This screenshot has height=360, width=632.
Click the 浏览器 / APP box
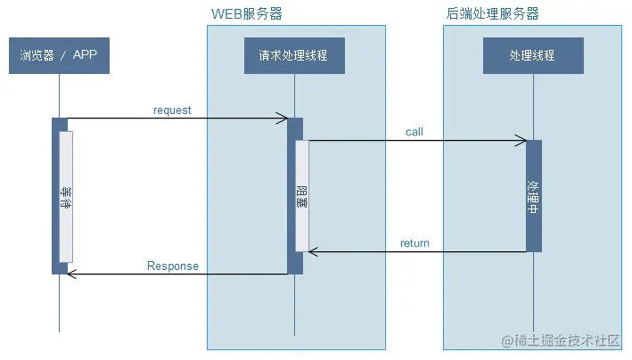[x=59, y=55]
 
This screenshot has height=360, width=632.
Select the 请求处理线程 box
[x=294, y=55]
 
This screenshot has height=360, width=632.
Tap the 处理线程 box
[x=532, y=55]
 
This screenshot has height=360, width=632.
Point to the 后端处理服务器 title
[x=492, y=14]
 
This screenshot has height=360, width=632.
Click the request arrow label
[x=172, y=110]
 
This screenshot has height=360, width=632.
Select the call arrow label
[x=414, y=132]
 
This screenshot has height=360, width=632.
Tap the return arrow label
[x=414, y=243]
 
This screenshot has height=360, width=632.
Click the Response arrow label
[x=173, y=266]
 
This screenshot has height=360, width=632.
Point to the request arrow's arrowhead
[x=283, y=119]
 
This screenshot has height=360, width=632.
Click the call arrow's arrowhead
[x=522, y=141]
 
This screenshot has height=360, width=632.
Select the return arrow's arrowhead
[x=313, y=252]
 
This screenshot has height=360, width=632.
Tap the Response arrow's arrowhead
[x=72, y=274]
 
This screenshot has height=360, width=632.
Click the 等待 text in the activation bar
[x=66, y=197]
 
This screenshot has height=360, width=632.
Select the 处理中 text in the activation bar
[x=533, y=197]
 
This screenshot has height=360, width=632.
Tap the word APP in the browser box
[x=86, y=55]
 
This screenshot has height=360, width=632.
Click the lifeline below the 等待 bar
[x=60, y=303]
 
